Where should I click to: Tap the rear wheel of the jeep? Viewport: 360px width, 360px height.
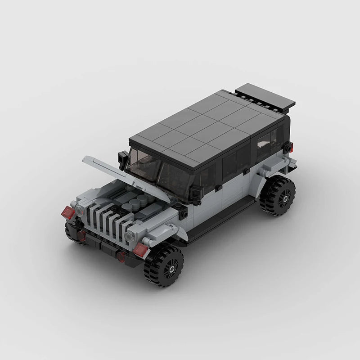[277, 195]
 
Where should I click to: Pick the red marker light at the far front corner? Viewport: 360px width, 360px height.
[68, 212]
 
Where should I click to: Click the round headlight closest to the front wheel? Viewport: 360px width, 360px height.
[130, 236]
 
